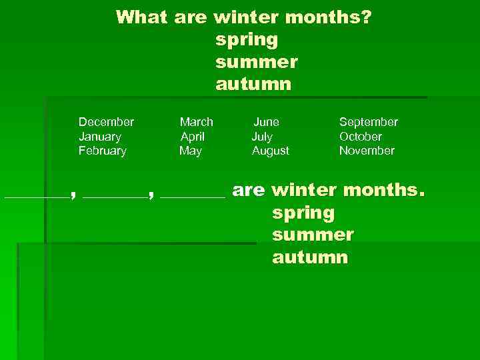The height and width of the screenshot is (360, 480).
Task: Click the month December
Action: (x=106, y=122)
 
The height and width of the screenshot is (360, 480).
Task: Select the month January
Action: (x=100, y=137)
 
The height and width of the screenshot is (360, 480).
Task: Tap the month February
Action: (x=102, y=151)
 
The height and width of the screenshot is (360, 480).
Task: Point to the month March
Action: (x=197, y=122)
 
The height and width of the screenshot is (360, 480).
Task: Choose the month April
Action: (x=193, y=137)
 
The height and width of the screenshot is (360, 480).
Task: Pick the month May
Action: (x=191, y=151)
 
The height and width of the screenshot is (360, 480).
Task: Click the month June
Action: (x=267, y=122)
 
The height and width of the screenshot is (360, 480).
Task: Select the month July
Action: (x=262, y=137)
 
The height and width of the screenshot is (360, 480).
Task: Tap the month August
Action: (x=271, y=151)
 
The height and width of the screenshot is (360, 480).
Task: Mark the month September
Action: (x=369, y=122)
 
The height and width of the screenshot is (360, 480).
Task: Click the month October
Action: (x=361, y=137)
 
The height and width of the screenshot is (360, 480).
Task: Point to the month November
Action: (x=367, y=151)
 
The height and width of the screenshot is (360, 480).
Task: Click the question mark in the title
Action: (x=367, y=17)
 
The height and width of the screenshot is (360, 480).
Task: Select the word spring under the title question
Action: (x=247, y=40)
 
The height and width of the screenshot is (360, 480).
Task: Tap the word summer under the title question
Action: (x=257, y=62)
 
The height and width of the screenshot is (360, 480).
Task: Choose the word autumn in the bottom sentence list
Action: (x=309, y=258)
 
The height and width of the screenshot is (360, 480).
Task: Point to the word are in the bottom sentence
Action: (x=249, y=191)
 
